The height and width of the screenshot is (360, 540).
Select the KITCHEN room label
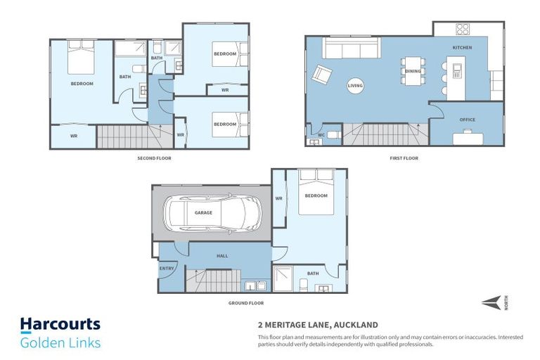point(462,48)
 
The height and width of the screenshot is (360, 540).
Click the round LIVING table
point(356,86)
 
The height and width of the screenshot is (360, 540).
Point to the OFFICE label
point(468,120)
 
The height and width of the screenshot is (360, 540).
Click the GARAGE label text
point(203,212)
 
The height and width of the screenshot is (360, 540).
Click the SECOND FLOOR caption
point(154,158)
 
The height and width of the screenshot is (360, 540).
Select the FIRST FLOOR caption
point(404,158)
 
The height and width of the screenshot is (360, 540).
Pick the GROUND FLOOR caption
point(246,303)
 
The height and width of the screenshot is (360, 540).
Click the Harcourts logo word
point(60,325)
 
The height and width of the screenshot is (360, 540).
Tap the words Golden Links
point(60,342)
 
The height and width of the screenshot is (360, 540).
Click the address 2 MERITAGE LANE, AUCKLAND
point(318,325)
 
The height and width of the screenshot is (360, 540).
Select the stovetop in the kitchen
point(462,29)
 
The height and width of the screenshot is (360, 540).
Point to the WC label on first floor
point(321,134)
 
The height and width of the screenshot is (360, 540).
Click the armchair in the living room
point(323,74)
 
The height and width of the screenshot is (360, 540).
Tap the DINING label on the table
point(413,70)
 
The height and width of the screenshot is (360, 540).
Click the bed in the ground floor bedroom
point(316,192)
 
